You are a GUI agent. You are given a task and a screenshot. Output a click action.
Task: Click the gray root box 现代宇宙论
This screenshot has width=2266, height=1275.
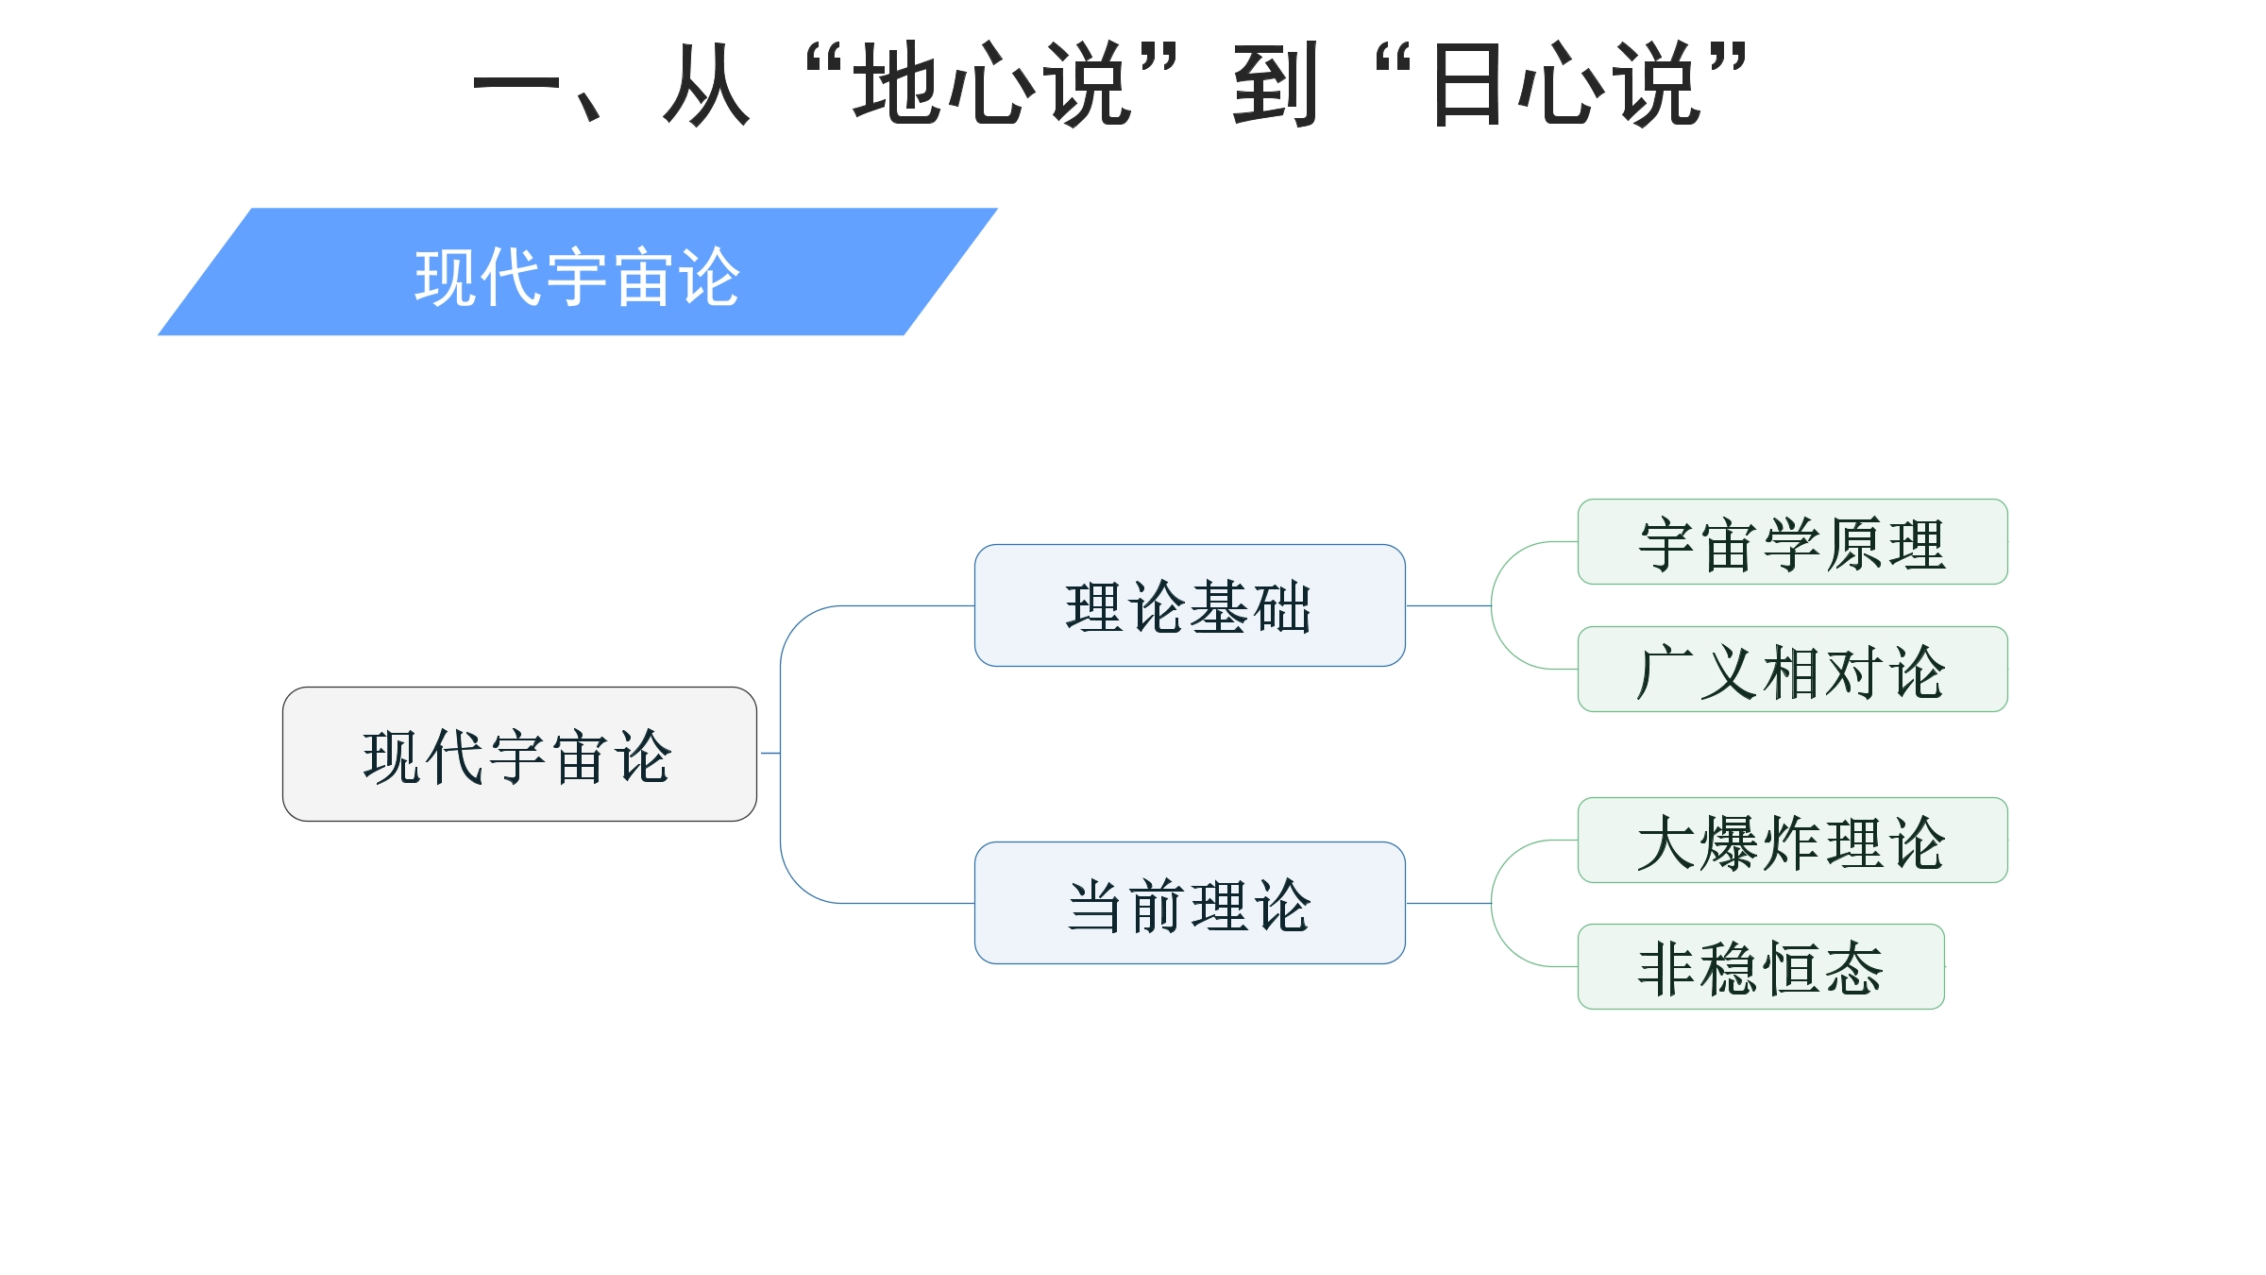click(x=519, y=754)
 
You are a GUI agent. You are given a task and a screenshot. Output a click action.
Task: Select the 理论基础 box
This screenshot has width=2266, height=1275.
click(x=1190, y=605)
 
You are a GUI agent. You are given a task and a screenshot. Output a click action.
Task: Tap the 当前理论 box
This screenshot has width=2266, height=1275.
click(x=1190, y=903)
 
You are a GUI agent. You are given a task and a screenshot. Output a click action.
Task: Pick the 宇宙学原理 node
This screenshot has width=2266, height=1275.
click(x=1792, y=542)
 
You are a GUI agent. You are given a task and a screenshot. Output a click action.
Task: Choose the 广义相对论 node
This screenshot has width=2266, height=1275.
click(x=1792, y=670)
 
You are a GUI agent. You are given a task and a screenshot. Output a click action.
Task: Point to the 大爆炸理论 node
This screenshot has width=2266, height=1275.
click(x=1792, y=841)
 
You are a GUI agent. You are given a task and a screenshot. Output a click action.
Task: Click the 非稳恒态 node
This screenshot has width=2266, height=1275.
click(x=1761, y=967)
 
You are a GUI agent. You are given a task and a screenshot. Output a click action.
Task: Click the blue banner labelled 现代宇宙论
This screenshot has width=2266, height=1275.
click(x=578, y=272)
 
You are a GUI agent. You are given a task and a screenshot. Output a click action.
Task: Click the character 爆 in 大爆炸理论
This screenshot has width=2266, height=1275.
click(x=1730, y=842)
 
